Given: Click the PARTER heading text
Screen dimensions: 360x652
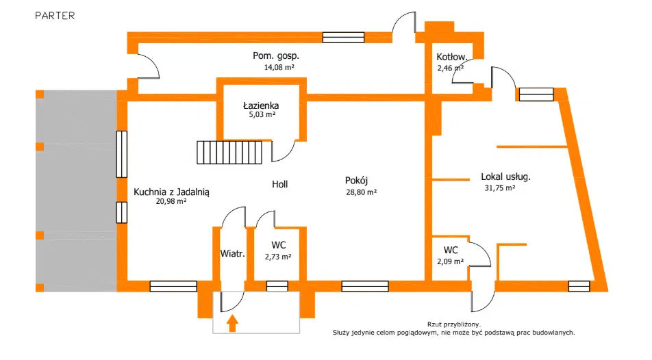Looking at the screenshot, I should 55,15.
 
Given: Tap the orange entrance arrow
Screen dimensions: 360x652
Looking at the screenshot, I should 232,322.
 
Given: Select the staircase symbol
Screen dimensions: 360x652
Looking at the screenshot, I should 229,152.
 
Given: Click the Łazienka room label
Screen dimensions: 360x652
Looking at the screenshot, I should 261,106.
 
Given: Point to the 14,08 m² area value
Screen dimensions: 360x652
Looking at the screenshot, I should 279,68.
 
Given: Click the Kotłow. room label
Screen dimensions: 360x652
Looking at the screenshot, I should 451,57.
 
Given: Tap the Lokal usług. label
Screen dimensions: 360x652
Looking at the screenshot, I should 505,176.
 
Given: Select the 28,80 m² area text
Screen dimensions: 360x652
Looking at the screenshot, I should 361,192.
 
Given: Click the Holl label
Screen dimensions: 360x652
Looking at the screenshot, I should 279,184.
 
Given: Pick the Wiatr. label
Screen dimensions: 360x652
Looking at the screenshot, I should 233,253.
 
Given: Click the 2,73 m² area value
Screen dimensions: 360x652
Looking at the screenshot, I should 277,257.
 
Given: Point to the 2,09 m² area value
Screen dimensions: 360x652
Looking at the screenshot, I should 450,261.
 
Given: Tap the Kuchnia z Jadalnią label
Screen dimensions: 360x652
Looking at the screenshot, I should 171,192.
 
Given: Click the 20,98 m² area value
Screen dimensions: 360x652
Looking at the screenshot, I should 171,202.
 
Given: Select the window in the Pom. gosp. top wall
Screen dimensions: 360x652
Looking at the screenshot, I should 343,38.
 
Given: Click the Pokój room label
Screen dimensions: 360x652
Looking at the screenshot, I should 357,181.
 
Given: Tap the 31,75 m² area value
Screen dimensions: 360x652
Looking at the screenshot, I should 499,187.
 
